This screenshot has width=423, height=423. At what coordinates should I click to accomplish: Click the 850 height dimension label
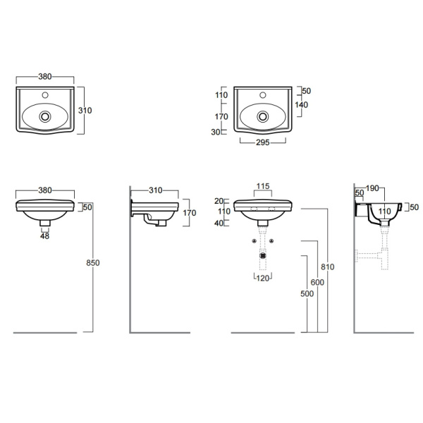[x=93, y=263]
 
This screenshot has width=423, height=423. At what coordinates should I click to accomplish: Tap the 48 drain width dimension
[x=45, y=236]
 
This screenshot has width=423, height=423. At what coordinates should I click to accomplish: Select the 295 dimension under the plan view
[x=263, y=142]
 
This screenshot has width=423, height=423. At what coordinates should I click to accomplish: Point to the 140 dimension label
[x=301, y=104]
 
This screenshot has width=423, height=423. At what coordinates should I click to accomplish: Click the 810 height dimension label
[x=328, y=266]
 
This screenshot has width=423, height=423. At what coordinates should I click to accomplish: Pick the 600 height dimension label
[x=317, y=283]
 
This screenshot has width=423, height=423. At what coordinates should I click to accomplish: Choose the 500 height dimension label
[x=307, y=293]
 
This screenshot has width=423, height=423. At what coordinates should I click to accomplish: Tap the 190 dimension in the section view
[x=372, y=188]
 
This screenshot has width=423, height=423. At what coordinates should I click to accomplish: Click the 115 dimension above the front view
[x=263, y=186]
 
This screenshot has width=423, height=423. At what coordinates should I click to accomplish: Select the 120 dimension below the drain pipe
[x=263, y=278]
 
